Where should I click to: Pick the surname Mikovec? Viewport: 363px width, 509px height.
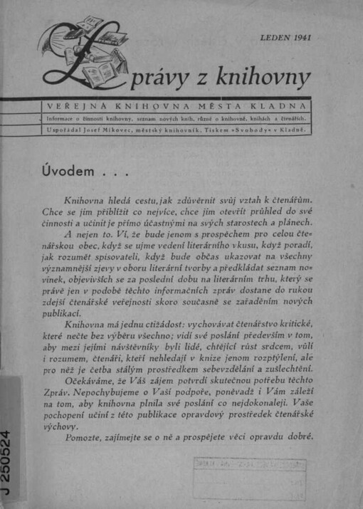[x=124, y=131]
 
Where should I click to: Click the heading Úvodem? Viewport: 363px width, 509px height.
[x=70, y=170]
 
